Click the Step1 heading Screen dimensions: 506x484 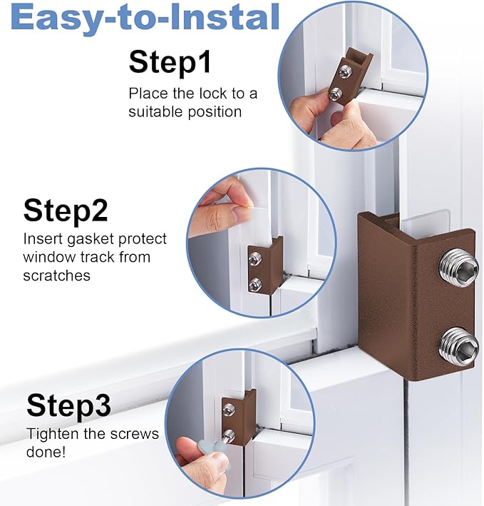pos(170,64)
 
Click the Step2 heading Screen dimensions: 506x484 pos(66,211)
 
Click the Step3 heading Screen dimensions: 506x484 pos(68,406)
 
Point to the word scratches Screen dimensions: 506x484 pos(57,275)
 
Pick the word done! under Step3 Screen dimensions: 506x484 pos(47,452)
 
